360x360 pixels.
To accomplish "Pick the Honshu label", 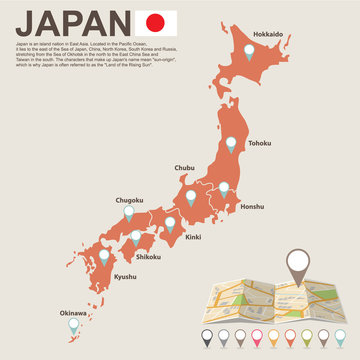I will pos(252,206).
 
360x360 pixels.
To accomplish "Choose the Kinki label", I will pos(194,237).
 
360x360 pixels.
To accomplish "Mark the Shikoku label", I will pos(149,256).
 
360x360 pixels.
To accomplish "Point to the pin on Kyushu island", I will pos(104,256).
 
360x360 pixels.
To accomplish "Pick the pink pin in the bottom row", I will pos(257,337).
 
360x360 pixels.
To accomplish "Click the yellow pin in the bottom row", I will pos(274,337).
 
